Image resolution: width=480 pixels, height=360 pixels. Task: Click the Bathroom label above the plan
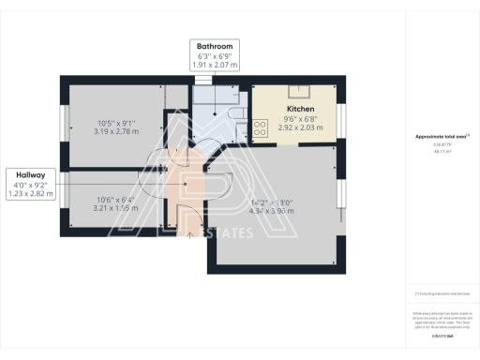coord(215,45)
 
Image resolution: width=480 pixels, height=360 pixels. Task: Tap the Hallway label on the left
coord(31,174)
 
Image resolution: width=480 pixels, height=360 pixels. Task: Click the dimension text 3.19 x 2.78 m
coord(117,131)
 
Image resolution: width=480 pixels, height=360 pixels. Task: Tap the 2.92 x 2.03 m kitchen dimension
coord(299,127)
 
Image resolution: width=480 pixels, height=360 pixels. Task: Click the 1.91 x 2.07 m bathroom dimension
coord(215,66)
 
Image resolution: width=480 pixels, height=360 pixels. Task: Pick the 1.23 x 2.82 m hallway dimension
coord(32,194)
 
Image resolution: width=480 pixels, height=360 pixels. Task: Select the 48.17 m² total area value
coord(440,151)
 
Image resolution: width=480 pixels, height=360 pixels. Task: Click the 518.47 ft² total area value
coord(440,145)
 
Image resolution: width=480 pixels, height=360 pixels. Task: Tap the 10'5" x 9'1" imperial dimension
coord(117,123)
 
